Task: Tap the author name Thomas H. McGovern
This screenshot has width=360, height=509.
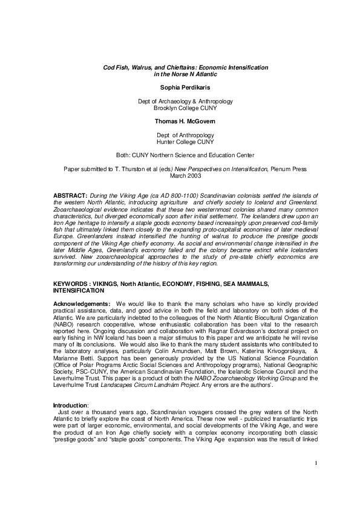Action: (180, 122)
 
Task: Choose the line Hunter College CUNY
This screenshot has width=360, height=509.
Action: (180, 141)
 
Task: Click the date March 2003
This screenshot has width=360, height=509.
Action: (180, 175)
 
